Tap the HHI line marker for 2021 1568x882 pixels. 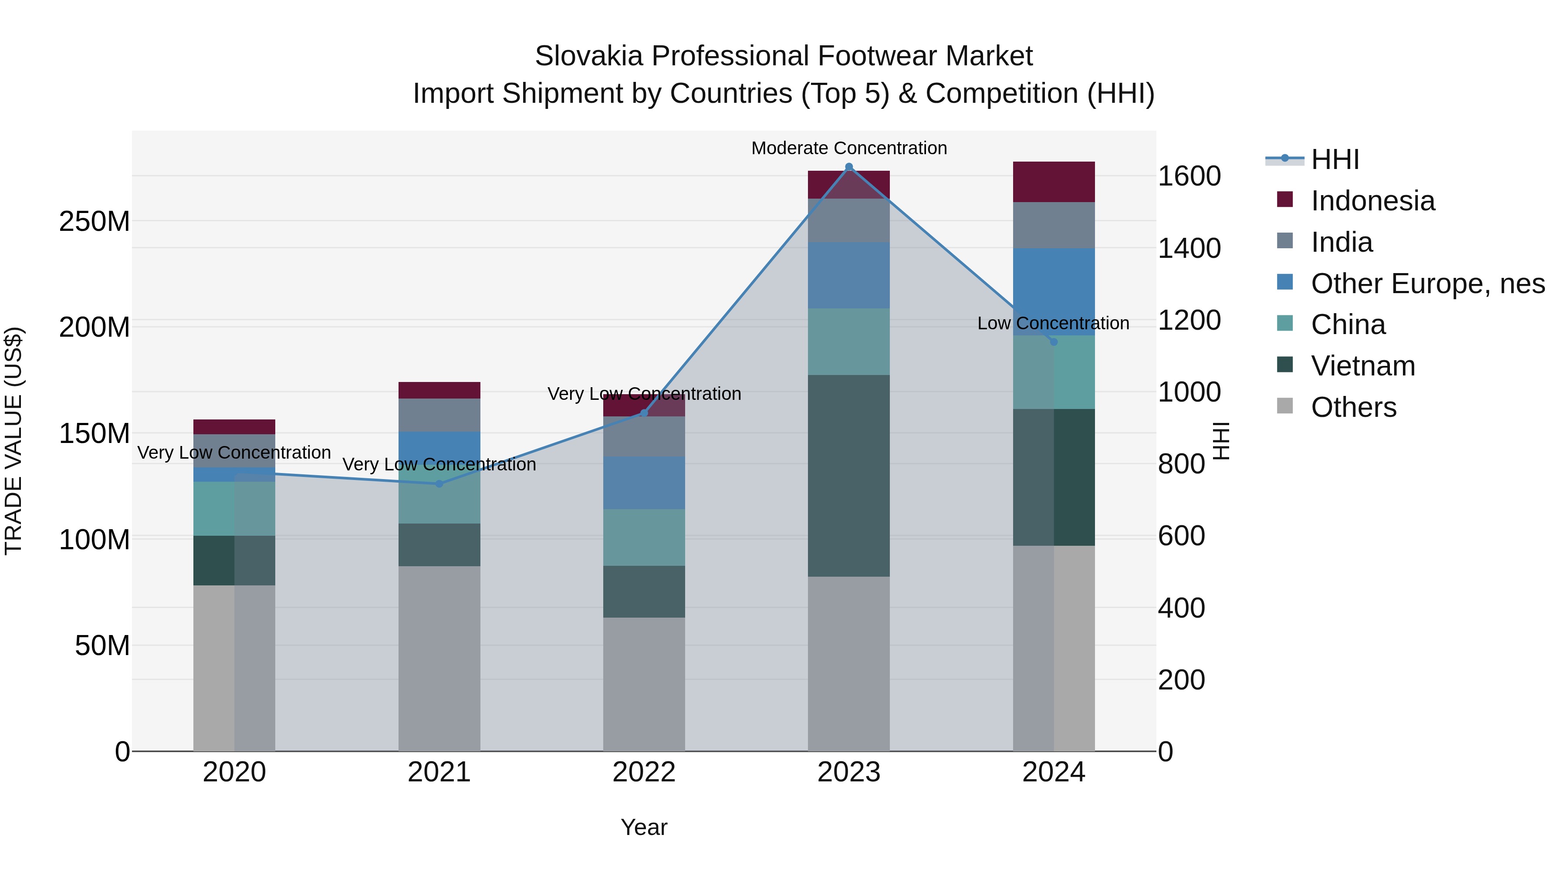tap(439, 484)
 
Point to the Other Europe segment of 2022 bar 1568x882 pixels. tap(644, 483)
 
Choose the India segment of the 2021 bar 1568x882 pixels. tap(439, 415)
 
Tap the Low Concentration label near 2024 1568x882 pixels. tap(1053, 323)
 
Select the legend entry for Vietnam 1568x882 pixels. tap(1362, 366)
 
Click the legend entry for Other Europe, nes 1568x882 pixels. tap(1427, 284)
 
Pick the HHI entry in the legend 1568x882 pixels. tap(1334, 159)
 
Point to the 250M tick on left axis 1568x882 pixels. tap(95, 222)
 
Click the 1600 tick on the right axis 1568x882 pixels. tap(1189, 176)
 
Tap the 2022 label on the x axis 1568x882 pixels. tap(644, 772)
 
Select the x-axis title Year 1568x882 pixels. tap(644, 827)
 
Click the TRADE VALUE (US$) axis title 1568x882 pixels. tap(14, 441)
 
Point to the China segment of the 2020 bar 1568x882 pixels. tap(234, 508)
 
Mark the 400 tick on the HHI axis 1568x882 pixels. tap(1181, 608)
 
